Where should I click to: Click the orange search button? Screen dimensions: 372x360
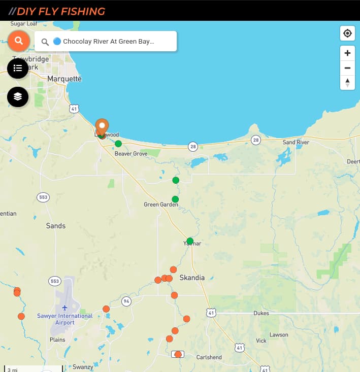coord(19,41)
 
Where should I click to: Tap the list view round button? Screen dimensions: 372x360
coord(18,68)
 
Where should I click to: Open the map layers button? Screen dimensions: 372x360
coord(18,96)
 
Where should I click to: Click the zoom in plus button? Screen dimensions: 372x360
coord(347,53)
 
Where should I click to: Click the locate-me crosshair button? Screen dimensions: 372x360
coord(347,33)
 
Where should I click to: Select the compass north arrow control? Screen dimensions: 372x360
coord(347,82)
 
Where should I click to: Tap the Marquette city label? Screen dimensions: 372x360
coord(64,79)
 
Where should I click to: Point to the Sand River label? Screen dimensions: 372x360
coord(296,143)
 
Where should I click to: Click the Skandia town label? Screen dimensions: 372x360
coord(192,278)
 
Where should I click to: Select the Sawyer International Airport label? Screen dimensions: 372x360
coord(65,319)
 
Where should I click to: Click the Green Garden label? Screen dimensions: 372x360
coord(161,205)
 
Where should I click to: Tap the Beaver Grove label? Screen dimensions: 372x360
coord(131,153)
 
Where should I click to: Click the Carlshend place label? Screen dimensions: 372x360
coord(209,357)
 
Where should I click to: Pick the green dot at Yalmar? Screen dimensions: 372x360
coord(190,241)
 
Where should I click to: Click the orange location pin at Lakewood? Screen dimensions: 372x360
coord(102,126)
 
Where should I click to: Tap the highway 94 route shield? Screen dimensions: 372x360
coord(126,301)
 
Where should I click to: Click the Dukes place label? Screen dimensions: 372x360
coord(261,313)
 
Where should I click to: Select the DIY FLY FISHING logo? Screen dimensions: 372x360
coord(60,11)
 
